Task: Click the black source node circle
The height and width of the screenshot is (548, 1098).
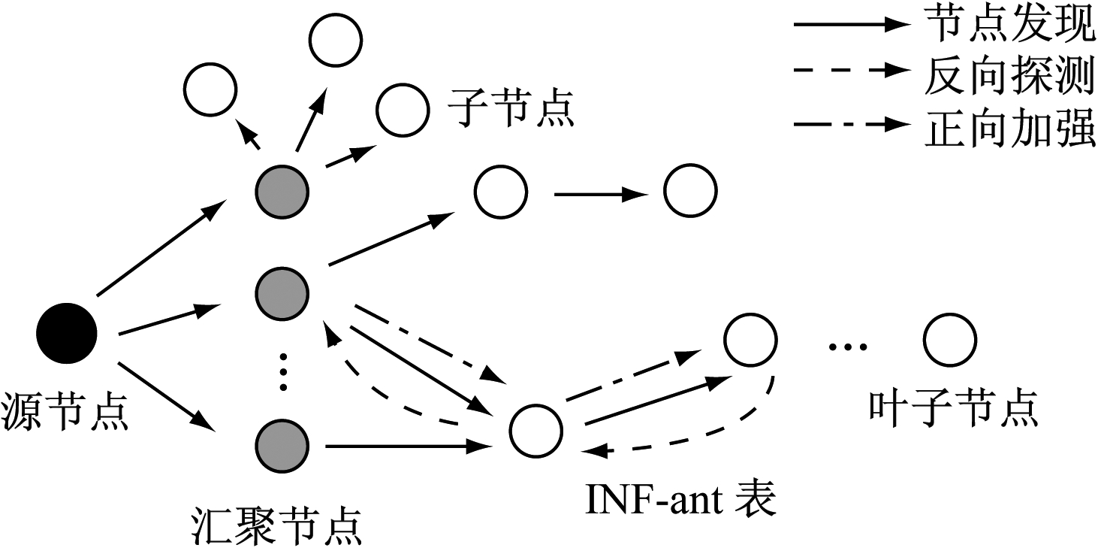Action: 67,332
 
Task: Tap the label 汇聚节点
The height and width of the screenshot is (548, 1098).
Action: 276,527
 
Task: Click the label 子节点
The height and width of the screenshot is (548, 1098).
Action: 511,110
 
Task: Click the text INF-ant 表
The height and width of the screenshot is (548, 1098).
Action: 680,500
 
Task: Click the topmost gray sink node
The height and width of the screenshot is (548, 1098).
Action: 282,190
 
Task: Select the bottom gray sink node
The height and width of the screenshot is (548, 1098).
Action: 282,447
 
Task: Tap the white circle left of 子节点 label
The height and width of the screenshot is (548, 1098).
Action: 403,110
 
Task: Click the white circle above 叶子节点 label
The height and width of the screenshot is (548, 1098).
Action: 950,341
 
